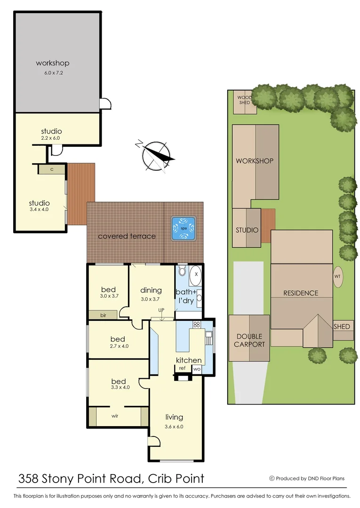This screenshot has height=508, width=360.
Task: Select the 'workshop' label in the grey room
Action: coord(53,63)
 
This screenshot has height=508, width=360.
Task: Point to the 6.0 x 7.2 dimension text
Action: coord(53,73)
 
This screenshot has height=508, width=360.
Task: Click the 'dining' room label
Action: coord(151,290)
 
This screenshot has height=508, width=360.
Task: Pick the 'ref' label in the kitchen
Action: coord(182,368)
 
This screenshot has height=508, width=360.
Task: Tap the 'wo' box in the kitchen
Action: coord(197,369)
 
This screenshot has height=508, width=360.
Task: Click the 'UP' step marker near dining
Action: coord(161,310)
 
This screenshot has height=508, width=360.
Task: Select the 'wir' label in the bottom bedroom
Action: coord(115,416)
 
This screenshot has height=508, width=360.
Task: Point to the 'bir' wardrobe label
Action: coord(103,315)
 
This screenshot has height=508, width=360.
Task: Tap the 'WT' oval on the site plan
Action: coord(337,277)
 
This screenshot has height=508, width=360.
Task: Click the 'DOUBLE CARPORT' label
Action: coord(249,340)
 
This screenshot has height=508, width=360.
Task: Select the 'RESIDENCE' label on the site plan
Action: coord(300,293)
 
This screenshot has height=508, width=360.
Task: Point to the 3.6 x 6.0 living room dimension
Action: coord(174,427)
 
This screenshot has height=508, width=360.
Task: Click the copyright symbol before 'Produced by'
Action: coord(272,478)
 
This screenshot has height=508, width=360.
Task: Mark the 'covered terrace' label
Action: coord(127,236)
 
